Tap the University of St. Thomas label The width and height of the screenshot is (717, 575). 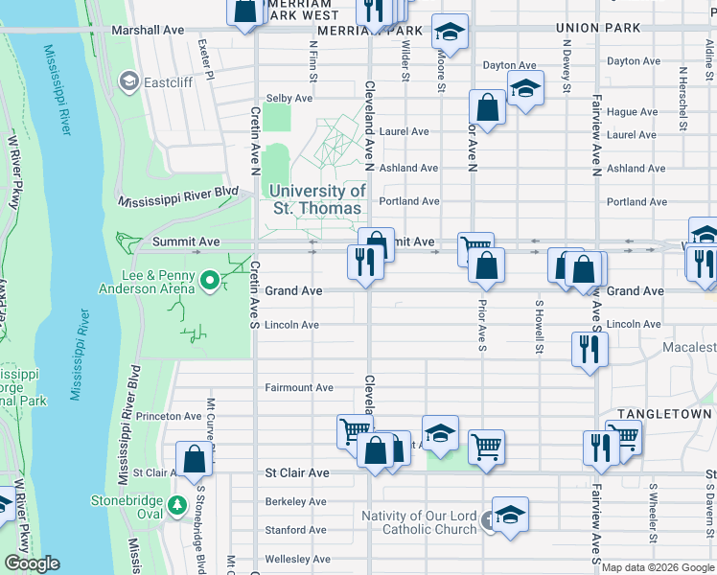(x=317, y=199)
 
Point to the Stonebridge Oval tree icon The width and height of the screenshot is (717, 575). (x=175, y=504)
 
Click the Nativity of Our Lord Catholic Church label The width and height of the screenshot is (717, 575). (x=419, y=523)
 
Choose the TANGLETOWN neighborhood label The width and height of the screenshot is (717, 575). (x=664, y=414)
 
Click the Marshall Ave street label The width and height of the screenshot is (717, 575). (x=148, y=31)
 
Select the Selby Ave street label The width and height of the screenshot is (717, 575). (x=289, y=98)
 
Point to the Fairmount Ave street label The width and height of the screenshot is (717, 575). (x=299, y=388)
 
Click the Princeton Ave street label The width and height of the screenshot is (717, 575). (x=169, y=417)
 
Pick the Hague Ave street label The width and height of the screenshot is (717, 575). (x=633, y=112)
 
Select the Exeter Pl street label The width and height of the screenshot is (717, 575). (x=204, y=59)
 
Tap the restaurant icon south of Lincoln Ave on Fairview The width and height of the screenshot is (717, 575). (x=589, y=348)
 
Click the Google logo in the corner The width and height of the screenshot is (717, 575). (x=32, y=563)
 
